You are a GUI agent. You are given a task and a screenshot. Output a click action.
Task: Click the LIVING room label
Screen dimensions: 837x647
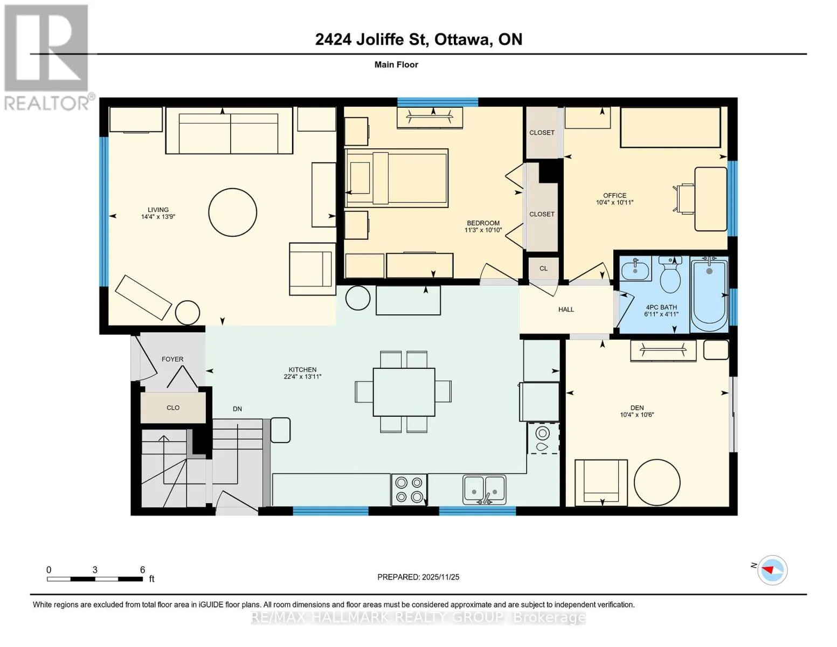158,210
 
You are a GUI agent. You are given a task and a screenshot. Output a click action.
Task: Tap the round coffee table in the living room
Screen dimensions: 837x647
233,212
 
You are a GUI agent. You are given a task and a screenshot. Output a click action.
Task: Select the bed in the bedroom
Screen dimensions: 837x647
396,178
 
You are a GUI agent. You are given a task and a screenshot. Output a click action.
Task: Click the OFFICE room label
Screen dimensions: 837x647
615,195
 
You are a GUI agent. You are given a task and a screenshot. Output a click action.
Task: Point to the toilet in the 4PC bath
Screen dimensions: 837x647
670,274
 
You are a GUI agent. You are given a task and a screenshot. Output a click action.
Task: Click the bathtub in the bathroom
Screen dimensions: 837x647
709,294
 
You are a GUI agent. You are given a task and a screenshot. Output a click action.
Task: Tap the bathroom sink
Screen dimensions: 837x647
635,268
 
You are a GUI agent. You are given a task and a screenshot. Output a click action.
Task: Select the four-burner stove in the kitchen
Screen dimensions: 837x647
409,490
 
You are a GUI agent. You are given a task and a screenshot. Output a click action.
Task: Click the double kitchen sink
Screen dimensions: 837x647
484,490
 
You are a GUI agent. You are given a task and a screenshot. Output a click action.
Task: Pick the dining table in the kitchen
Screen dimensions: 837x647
404,392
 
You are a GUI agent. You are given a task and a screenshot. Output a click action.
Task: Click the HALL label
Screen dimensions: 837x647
566,309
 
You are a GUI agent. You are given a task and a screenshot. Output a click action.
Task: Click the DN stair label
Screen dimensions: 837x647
237,409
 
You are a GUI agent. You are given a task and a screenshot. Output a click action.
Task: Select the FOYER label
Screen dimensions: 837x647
172,359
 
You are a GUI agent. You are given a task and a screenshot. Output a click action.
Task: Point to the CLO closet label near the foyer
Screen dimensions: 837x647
173,408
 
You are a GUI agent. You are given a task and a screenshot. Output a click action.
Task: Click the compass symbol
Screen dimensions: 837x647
772,570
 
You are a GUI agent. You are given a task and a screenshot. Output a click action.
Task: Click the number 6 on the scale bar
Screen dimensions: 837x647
142,569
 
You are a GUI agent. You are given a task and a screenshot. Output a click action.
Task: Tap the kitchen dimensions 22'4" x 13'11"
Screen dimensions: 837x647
302,376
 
